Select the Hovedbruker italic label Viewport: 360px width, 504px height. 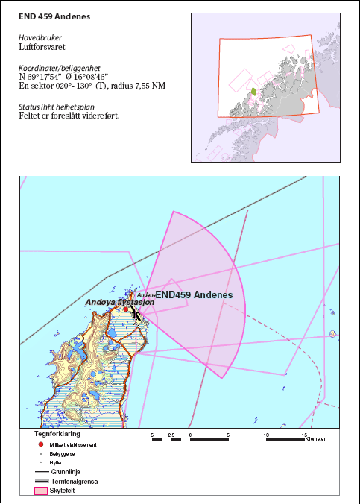(x=40, y=37)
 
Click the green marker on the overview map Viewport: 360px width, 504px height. (x=253, y=92)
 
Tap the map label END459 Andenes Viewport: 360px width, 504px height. (x=199, y=295)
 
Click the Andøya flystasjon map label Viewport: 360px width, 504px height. (x=119, y=303)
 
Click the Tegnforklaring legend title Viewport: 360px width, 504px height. (x=57, y=432)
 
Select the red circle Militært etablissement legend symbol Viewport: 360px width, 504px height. (x=40, y=444)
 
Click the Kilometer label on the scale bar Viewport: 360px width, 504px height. (x=315, y=439)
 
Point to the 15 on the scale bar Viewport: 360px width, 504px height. (x=304, y=434)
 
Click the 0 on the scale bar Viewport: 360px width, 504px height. (x=191, y=434)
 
